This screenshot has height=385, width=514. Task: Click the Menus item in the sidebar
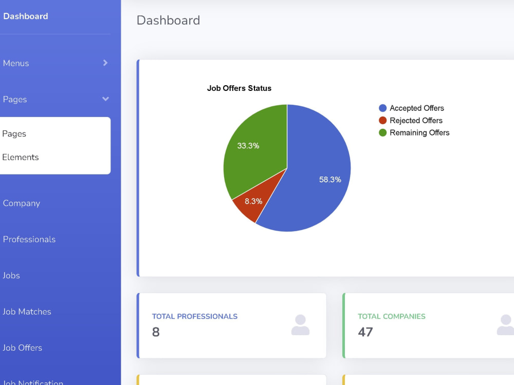point(16,63)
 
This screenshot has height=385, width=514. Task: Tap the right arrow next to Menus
point(105,63)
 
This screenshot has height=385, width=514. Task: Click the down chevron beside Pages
point(105,99)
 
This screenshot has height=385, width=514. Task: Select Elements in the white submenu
point(21,157)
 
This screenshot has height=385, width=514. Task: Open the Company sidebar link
point(21,203)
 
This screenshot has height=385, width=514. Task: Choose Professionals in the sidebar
point(29,239)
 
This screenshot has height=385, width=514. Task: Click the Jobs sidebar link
point(11,275)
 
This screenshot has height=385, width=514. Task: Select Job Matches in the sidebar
point(27,312)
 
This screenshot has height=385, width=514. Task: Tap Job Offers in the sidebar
point(22,348)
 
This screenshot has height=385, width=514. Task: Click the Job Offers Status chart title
point(239,88)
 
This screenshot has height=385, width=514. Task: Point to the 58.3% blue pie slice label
point(330,179)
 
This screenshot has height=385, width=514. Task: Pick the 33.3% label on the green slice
point(248,146)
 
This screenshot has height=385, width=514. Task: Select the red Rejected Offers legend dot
point(382,121)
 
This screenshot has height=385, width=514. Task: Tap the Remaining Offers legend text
point(419,132)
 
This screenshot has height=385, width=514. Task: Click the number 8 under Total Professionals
point(156,332)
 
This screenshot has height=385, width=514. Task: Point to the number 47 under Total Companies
point(365,332)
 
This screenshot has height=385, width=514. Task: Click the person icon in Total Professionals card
point(300,325)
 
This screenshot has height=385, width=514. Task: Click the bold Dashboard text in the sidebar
point(26,16)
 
